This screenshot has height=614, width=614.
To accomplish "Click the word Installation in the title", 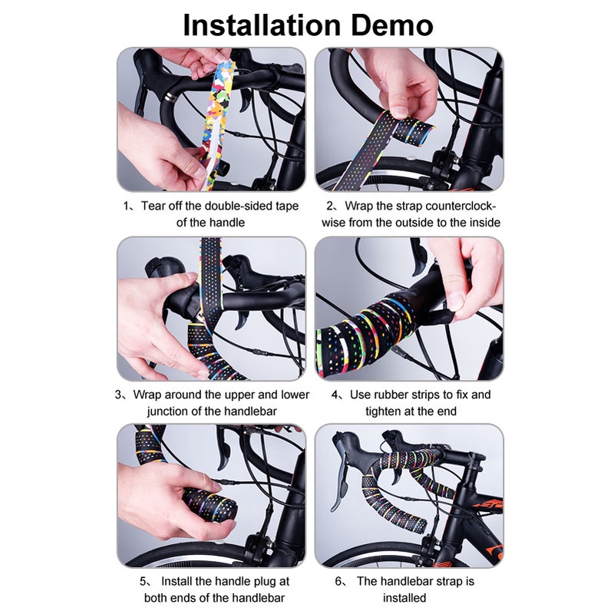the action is (x=262, y=25).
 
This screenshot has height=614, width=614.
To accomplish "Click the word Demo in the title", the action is (x=392, y=25).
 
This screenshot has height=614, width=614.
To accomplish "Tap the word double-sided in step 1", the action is (x=239, y=206).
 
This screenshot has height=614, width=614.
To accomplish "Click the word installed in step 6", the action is (x=404, y=598).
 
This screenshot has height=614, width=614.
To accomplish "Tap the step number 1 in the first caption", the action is (x=126, y=206).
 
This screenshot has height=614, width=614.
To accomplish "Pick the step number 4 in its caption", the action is (x=335, y=394).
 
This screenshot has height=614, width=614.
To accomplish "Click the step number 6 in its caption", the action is (x=338, y=582).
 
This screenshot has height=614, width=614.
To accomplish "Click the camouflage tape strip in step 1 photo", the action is (x=217, y=125).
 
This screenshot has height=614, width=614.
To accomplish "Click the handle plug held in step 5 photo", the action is (x=210, y=504).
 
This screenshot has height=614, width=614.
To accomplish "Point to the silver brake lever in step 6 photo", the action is (x=341, y=486).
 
